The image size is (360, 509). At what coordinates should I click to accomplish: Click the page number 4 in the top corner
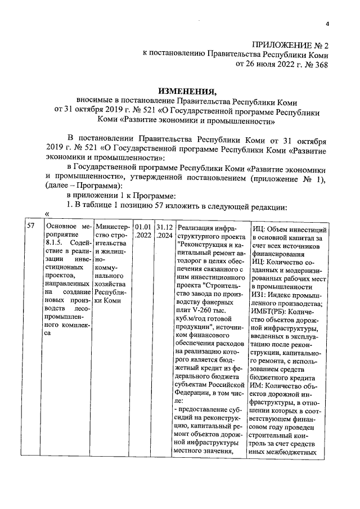(327, 23)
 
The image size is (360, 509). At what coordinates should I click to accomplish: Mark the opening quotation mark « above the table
(47, 215)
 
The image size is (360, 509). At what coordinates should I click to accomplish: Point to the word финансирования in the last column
(278, 254)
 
